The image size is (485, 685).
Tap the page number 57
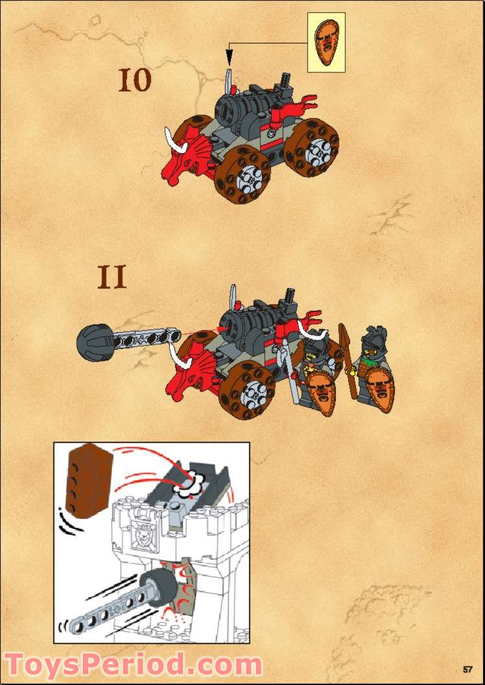click(x=468, y=669)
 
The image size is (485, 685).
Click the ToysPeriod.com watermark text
click(x=133, y=666)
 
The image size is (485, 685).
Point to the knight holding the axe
click(x=312, y=360)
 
